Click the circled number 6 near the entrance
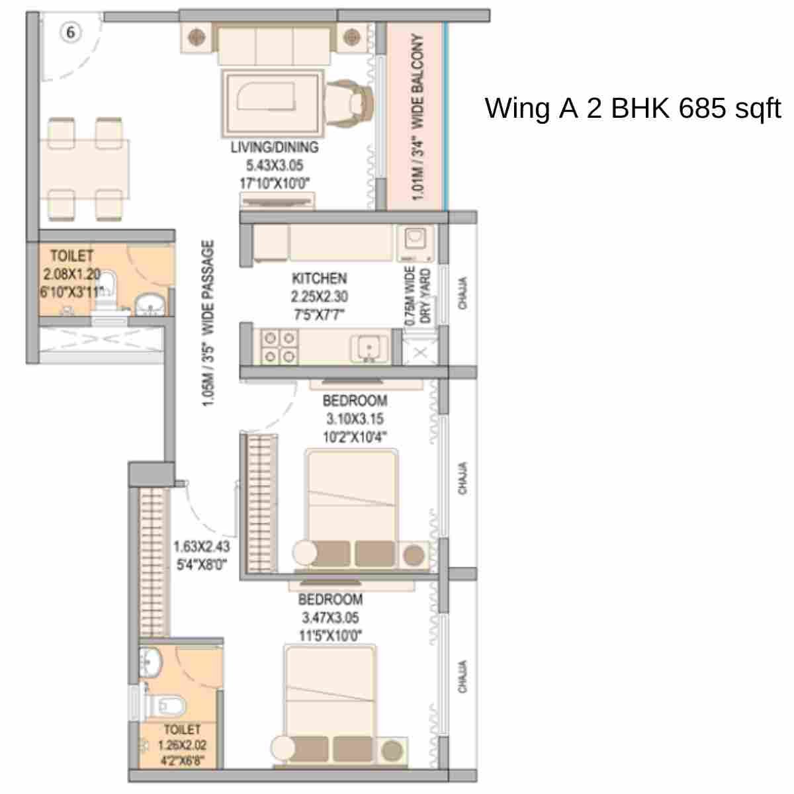(71, 32)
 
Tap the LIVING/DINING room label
(275, 148)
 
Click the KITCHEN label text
(319, 279)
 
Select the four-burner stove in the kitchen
(279, 347)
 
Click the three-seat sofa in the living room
(274, 45)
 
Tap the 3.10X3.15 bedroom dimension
(355, 419)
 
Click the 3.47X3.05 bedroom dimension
(331, 618)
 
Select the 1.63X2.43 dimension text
(201, 547)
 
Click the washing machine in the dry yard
(416, 242)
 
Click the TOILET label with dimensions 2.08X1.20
(72, 255)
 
